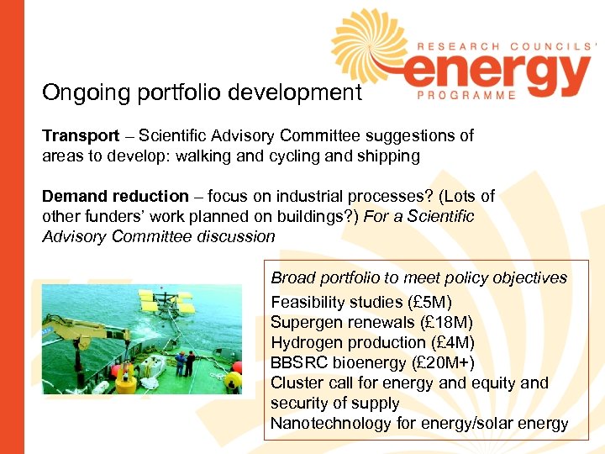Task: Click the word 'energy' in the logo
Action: [x=496, y=73]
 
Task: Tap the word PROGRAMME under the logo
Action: [x=466, y=95]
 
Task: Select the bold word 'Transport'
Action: [x=81, y=135]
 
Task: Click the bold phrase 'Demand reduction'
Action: [x=115, y=196]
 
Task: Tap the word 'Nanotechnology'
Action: [x=330, y=423]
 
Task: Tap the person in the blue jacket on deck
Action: [x=192, y=362]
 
